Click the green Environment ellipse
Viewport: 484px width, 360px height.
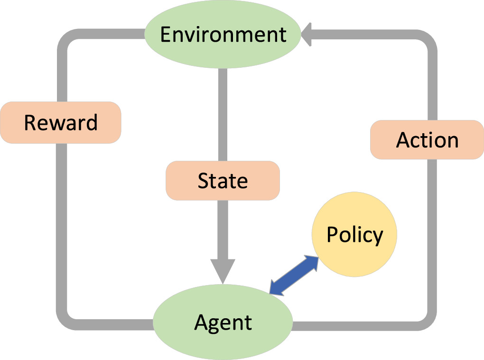223,35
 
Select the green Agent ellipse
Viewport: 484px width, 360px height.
223,322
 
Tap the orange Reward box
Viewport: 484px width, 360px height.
61,122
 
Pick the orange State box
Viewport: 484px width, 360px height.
223,181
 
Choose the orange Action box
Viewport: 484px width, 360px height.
427,140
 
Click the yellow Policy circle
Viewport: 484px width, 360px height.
354,235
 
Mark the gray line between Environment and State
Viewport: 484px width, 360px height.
223,114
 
